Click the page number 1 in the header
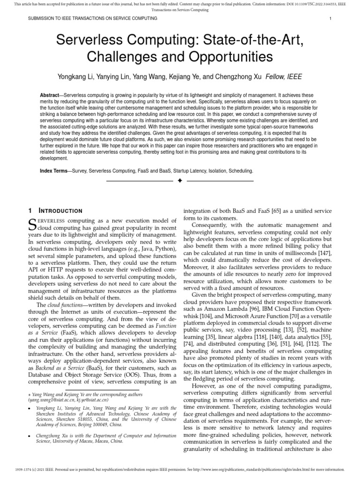(x=331, y=19)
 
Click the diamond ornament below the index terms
(x=180, y=181)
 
